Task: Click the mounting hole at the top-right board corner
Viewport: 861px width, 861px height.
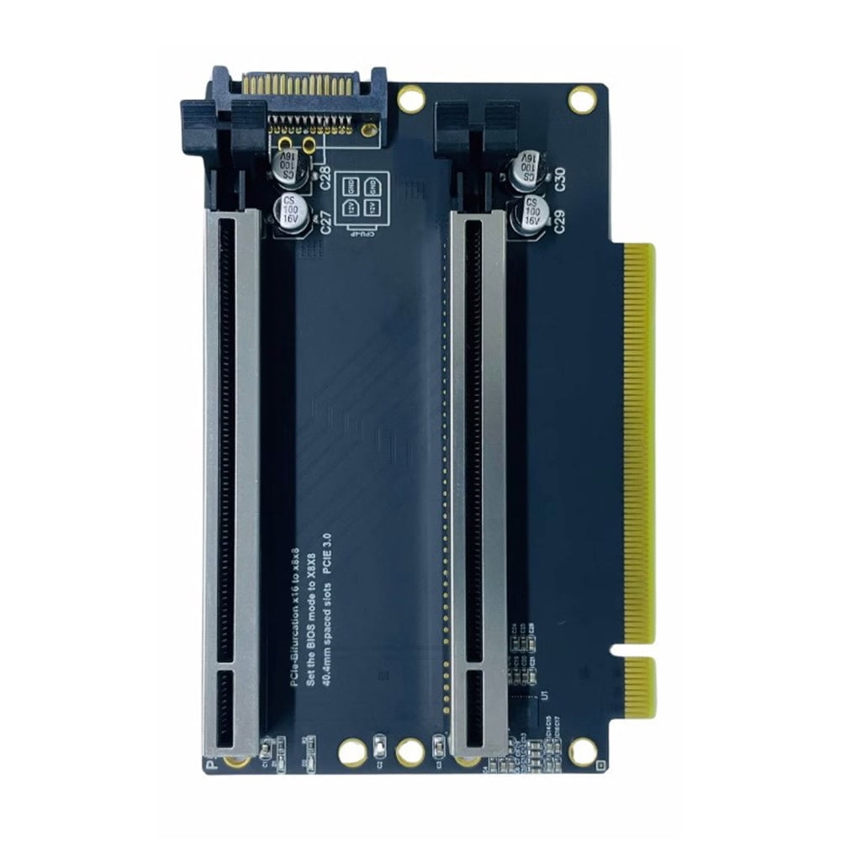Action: pyautogui.click(x=582, y=100)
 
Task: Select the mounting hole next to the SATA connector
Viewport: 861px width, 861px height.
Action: pyautogui.click(x=410, y=100)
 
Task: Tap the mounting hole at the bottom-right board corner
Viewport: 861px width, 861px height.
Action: pyautogui.click(x=582, y=750)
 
